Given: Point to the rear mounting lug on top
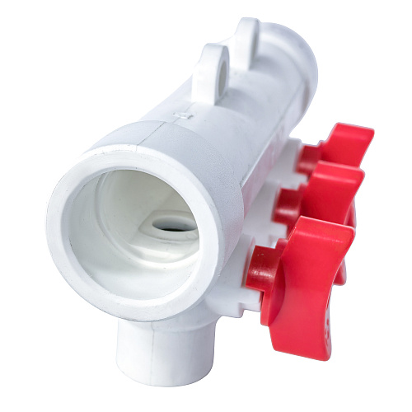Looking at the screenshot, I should (x=247, y=37).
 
